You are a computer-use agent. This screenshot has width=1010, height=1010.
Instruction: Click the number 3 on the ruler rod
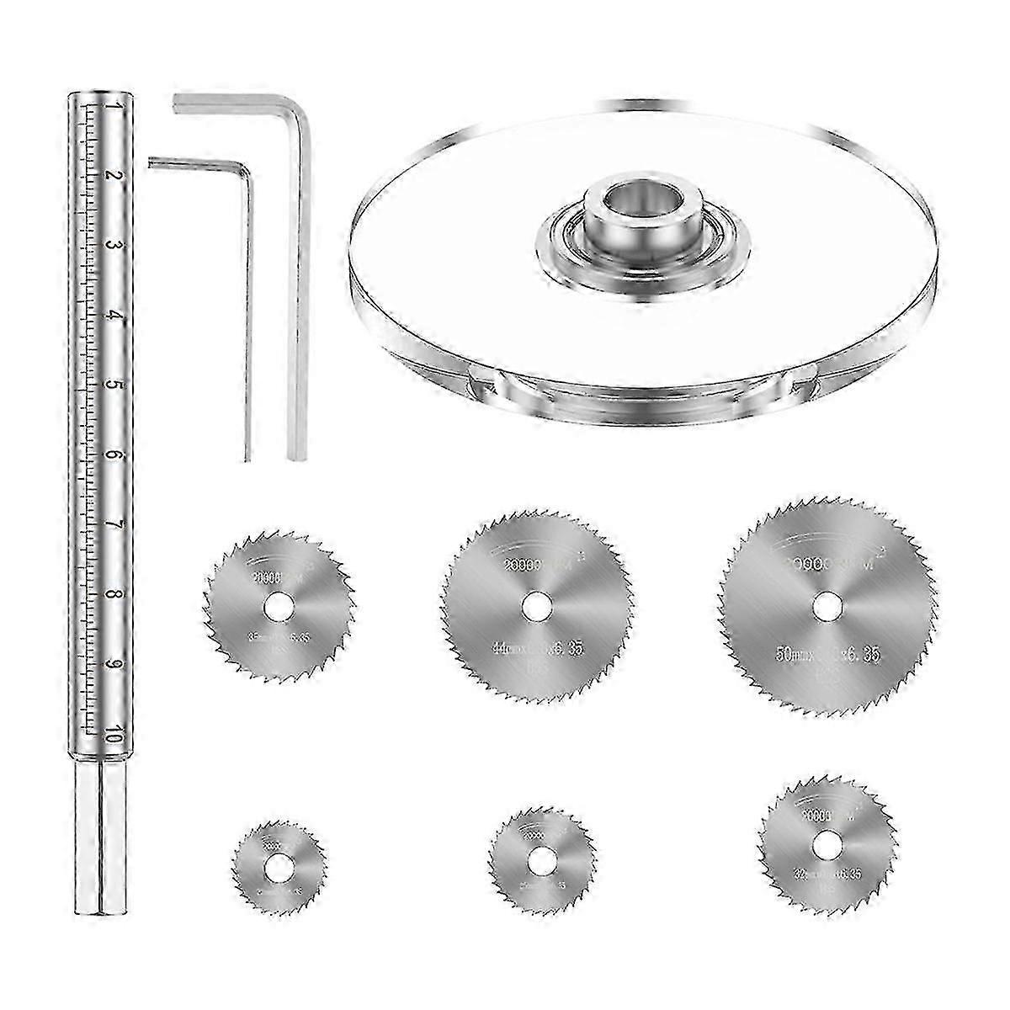[116, 247]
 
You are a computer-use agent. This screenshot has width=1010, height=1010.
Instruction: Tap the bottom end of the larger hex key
[295, 454]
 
